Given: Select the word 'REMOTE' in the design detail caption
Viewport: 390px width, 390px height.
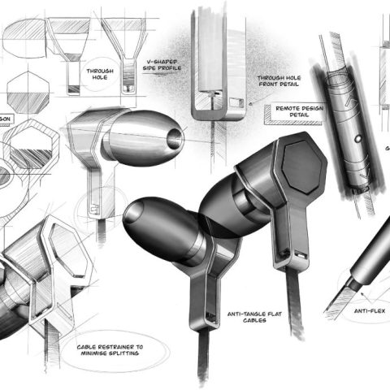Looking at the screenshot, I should tap(288, 108).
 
